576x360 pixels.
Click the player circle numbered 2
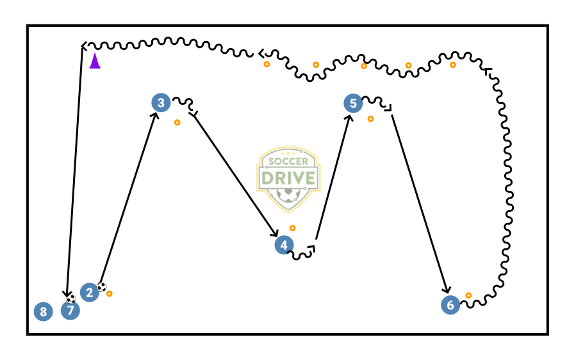point(89,293)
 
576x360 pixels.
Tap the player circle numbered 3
point(161,102)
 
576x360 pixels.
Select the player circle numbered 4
point(284,245)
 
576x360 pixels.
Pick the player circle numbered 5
point(353,103)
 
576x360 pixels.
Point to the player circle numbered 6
point(450,305)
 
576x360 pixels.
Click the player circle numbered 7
point(70,311)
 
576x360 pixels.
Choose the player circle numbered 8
point(43,312)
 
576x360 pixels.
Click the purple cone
point(95,61)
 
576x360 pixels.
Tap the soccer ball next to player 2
point(101,287)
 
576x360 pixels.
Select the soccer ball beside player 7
point(70,299)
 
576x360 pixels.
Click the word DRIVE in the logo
point(288,177)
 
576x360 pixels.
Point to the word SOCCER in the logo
point(288,161)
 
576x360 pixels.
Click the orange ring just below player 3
point(177,122)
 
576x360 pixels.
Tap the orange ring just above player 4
point(293,228)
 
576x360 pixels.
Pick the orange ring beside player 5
point(370,119)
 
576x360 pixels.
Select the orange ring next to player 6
point(468,295)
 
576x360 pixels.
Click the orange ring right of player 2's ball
point(110,293)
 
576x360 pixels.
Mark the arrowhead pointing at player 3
point(156,116)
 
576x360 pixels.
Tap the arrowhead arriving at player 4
point(275,233)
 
